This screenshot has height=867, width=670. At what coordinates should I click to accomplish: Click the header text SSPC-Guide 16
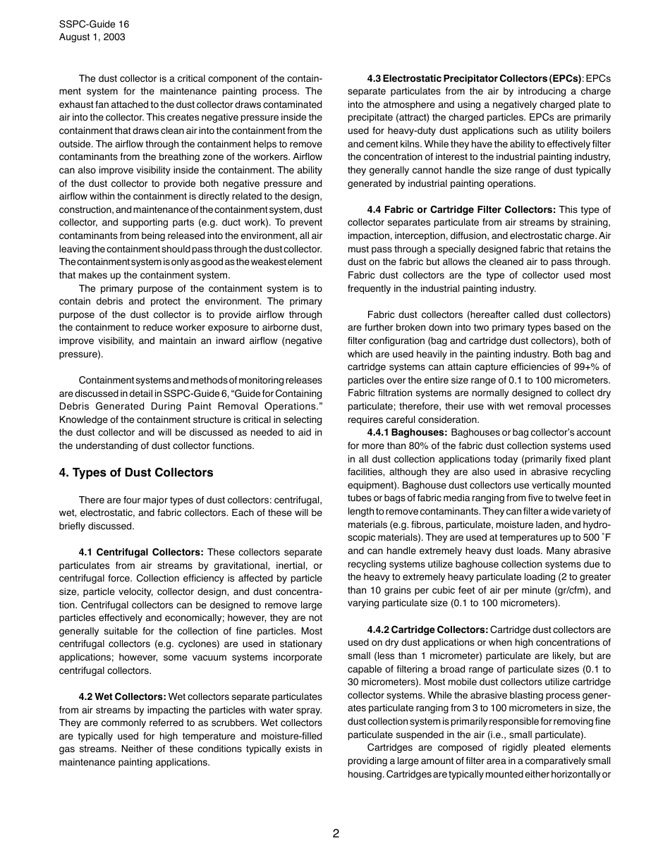94,24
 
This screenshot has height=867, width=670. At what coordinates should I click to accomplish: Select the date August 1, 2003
92,37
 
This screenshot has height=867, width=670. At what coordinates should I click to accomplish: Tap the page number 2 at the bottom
336,833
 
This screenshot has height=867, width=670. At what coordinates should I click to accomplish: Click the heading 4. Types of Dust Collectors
136,472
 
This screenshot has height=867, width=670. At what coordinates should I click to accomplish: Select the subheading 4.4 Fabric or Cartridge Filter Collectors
461,209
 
